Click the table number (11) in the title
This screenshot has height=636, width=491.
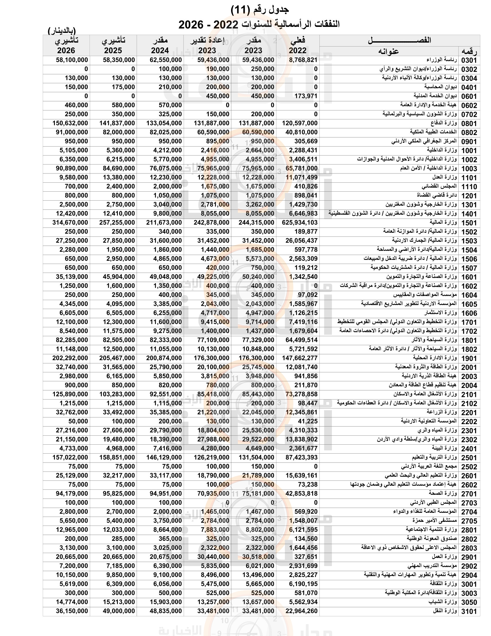click(x=240, y=10)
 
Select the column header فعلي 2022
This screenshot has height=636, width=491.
click(x=297, y=45)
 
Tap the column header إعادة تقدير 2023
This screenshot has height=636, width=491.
click(x=207, y=45)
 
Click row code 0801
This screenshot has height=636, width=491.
click(x=469, y=123)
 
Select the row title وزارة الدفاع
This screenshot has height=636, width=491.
click(x=444, y=123)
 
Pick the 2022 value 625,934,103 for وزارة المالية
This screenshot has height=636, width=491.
click(x=300, y=223)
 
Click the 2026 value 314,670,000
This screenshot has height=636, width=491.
click(x=70, y=223)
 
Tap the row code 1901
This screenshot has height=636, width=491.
click(x=469, y=358)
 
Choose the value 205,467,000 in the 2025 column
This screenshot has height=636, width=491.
click(x=117, y=358)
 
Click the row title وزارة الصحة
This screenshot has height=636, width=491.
click(x=442, y=493)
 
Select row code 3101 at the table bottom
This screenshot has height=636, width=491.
click(x=469, y=611)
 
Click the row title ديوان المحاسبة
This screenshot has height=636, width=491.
click(x=440, y=87)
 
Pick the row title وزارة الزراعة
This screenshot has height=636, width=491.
click(x=442, y=412)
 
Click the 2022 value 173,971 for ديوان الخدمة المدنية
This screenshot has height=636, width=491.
click(x=306, y=96)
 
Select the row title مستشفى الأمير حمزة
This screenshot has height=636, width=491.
click(x=434, y=520)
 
